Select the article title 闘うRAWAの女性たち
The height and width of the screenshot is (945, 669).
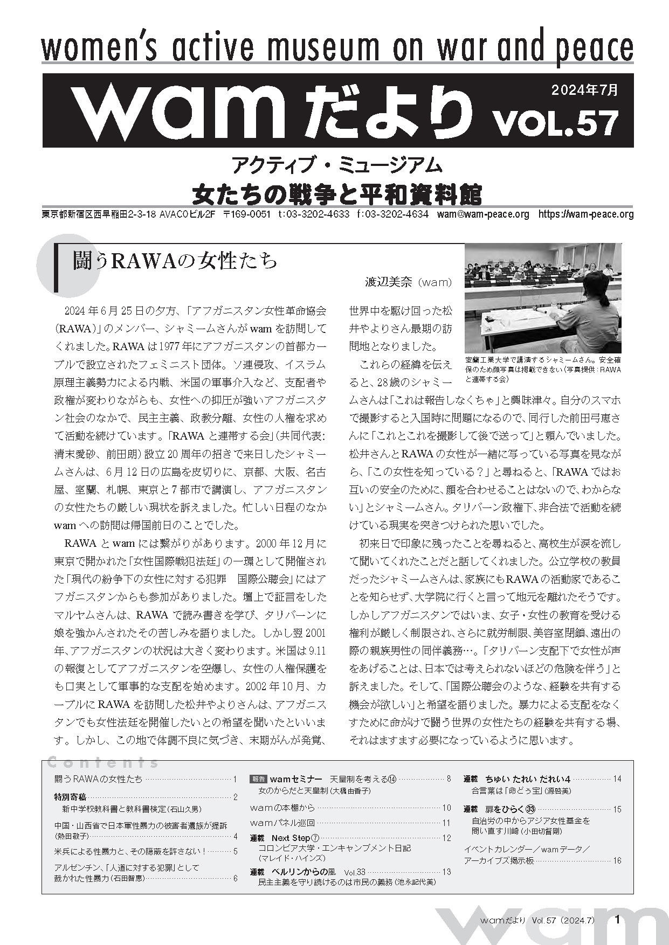[175, 261]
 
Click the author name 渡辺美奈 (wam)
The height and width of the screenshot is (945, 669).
[409, 282]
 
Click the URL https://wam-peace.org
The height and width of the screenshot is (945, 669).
[586, 214]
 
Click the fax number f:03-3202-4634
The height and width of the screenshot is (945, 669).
[392, 214]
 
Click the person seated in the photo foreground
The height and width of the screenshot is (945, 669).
[588, 312]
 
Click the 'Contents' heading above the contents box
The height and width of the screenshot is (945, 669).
[102, 762]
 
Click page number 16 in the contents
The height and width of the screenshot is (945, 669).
[617, 861]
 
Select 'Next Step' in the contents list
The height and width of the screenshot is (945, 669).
[291, 838]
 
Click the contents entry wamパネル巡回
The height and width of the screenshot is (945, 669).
[282, 823]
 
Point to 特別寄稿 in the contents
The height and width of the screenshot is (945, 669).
[70, 797]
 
